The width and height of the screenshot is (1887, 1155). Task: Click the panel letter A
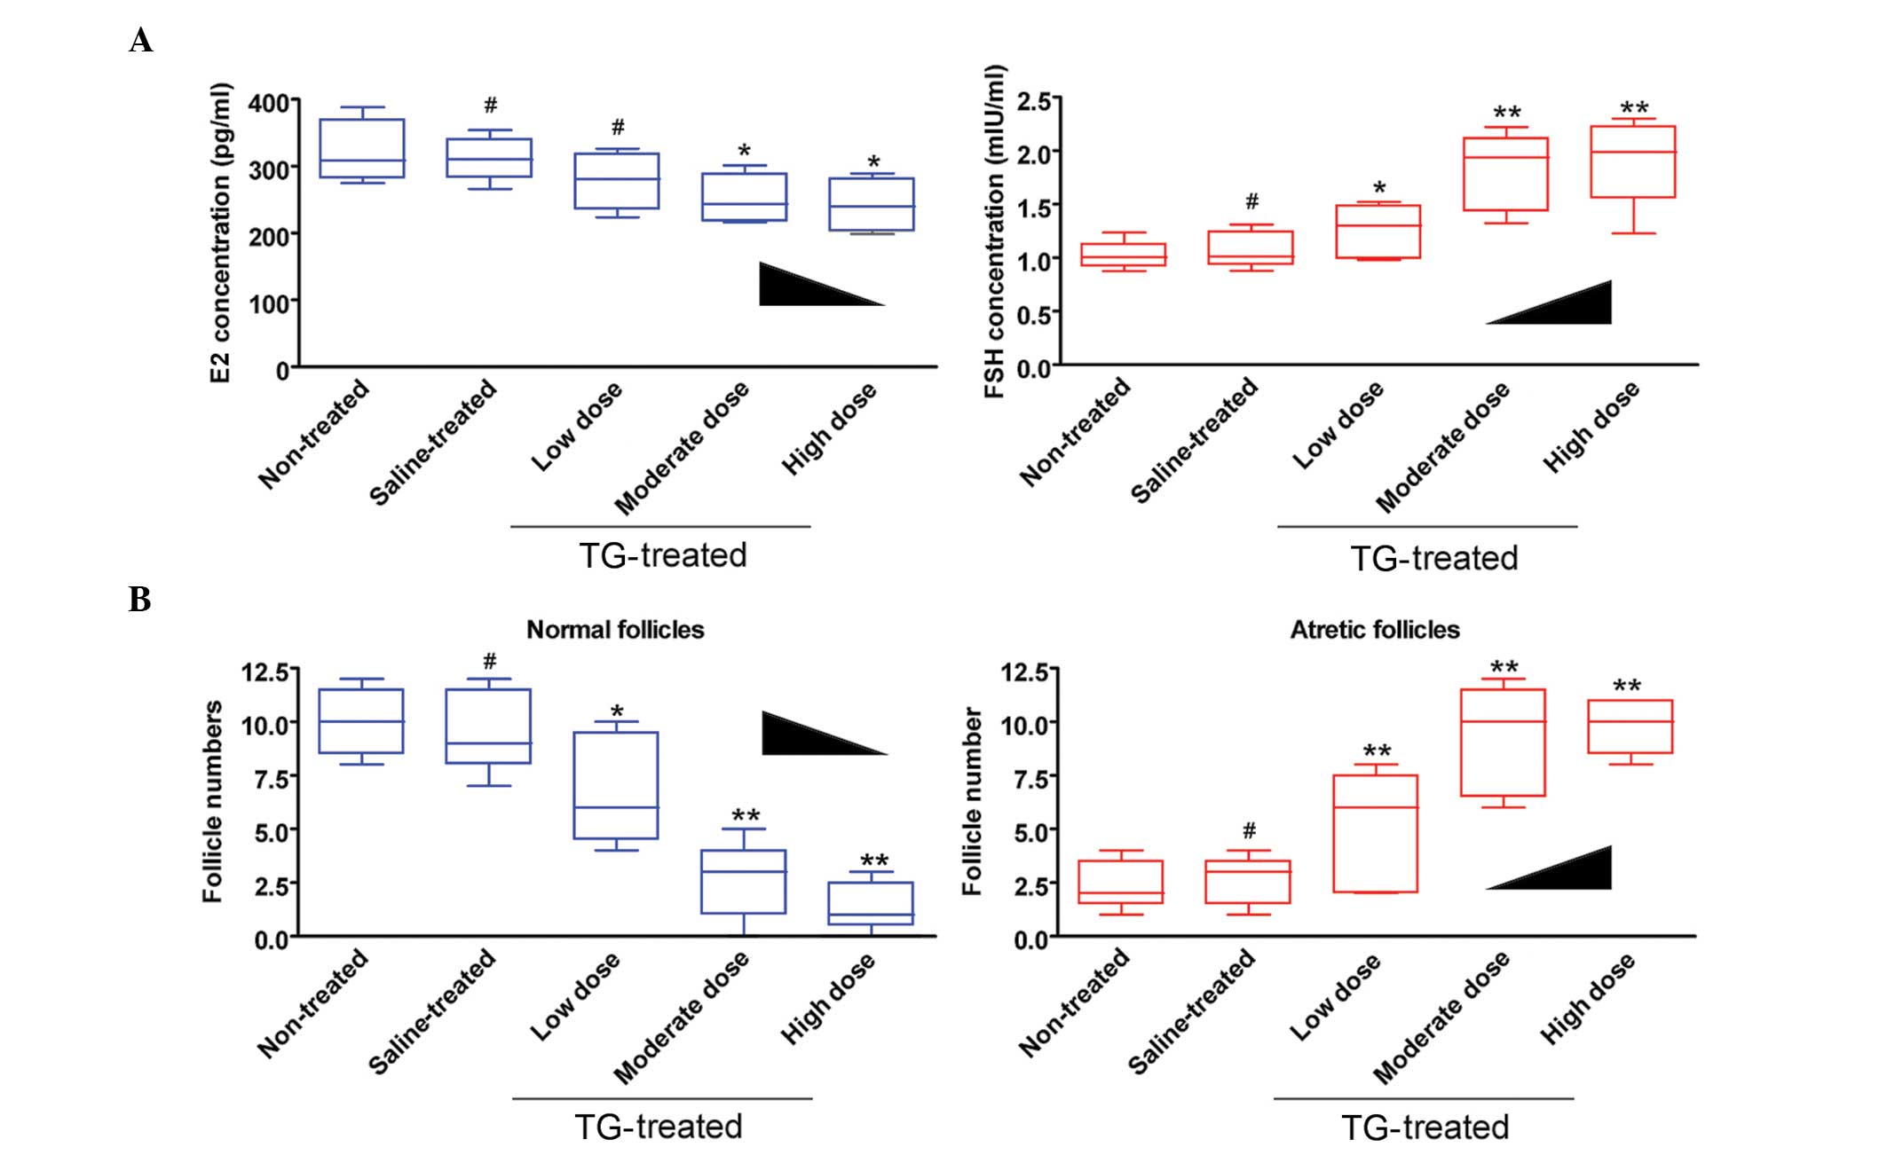pyautogui.click(x=140, y=41)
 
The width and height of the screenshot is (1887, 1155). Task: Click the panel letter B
pyautogui.click(x=139, y=600)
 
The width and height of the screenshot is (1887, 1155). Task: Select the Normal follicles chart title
pyautogui.click(x=615, y=630)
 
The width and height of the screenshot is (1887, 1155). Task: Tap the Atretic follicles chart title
pyautogui.click(x=1374, y=630)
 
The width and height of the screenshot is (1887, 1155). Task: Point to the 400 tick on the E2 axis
pyautogui.click(x=268, y=103)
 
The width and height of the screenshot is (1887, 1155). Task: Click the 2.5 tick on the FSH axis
pyautogui.click(x=1033, y=101)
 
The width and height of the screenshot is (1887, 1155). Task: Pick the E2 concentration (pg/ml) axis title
pyautogui.click(x=220, y=232)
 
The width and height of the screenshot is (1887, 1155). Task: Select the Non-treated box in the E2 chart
pyautogui.click(x=362, y=148)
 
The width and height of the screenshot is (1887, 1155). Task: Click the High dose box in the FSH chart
pyautogui.click(x=1633, y=161)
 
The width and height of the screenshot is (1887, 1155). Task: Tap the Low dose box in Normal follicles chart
pyautogui.click(x=616, y=785)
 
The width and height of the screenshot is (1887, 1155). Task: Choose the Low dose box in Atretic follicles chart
pyautogui.click(x=1375, y=834)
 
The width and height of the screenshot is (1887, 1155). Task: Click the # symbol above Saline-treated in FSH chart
pyautogui.click(x=1251, y=201)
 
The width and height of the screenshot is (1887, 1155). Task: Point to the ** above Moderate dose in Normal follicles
pyautogui.click(x=746, y=815)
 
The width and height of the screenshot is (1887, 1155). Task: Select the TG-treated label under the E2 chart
pyautogui.click(x=663, y=555)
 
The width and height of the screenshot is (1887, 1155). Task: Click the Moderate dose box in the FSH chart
pyautogui.click(x=1505, y=174)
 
